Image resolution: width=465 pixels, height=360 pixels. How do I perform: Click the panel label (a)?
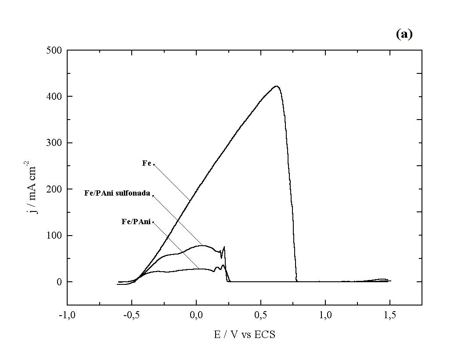tap(404, 35)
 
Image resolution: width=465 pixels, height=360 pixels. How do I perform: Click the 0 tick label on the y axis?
tap(59, 282)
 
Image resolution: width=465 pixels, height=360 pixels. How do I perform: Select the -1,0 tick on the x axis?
tap(67, 315)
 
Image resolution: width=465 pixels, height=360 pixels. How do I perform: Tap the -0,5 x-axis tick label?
tap(131, 315)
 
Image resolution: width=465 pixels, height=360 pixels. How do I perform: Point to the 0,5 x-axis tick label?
tap(261, 315)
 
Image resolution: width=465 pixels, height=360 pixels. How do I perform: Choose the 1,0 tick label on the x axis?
tap(325, 315)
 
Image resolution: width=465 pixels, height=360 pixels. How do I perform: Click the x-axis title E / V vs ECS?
tap(245, 335)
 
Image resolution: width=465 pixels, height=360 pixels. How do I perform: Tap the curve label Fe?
tap(147, 163)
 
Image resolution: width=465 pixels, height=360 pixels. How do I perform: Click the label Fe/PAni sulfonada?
tap(117, 193)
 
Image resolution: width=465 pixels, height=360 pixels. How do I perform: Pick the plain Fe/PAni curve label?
tap(136, 222)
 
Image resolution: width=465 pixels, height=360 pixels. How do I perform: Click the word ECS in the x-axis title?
tap(266, 335)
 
